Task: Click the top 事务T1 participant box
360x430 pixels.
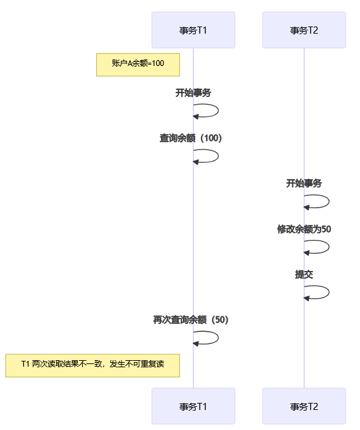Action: pos(193,30)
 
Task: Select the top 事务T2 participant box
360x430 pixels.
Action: pos(304,30)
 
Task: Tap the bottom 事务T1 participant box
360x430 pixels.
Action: pos(193,406)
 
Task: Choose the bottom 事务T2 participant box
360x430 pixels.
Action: pos(304,406)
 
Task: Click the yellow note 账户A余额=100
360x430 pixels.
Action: pos(138,65)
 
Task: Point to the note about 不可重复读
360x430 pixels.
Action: pos(92,365)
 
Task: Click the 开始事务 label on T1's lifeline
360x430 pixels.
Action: pos(193,92)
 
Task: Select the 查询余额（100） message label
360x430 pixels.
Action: pos(191,138)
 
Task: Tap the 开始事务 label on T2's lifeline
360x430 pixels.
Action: pos(304,183)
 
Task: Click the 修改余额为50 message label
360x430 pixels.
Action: pos(304,229)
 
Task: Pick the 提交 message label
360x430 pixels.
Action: pos(304,274)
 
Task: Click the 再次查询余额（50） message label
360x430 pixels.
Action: pos(191,320)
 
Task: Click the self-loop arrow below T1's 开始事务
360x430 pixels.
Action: pos(218,111)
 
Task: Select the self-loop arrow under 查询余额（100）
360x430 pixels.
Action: pos(218,156)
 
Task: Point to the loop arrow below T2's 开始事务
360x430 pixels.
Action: pos(329,202)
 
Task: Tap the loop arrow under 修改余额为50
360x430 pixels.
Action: pos(329,247)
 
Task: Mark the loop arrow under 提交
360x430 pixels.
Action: pos(329,292)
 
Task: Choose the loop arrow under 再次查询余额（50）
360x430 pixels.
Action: pos(218,338)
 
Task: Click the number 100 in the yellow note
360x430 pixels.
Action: pos(158,63)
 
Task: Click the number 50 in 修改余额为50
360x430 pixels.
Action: pos(326,229)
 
